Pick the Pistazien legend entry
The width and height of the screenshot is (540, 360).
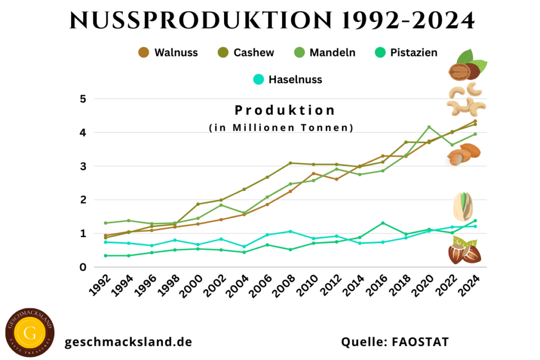click(407, 52)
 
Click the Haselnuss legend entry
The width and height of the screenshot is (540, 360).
click(288, 80)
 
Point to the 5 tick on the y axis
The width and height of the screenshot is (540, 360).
click(83, 99)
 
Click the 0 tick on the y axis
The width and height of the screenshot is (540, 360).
click(83, 267)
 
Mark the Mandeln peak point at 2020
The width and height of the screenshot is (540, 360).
click(429, 127)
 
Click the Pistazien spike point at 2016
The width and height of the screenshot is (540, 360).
click(383, 223)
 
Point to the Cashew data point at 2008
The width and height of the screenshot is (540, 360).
click(291, 163)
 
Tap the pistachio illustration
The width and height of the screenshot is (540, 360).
click(464, 207)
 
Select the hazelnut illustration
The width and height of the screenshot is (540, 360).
click(465, 251)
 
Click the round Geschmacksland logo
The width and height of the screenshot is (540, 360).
click(30, 332)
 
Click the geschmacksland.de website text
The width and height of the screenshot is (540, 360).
click(128, 342)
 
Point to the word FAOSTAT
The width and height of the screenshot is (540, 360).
click(421, 342)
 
